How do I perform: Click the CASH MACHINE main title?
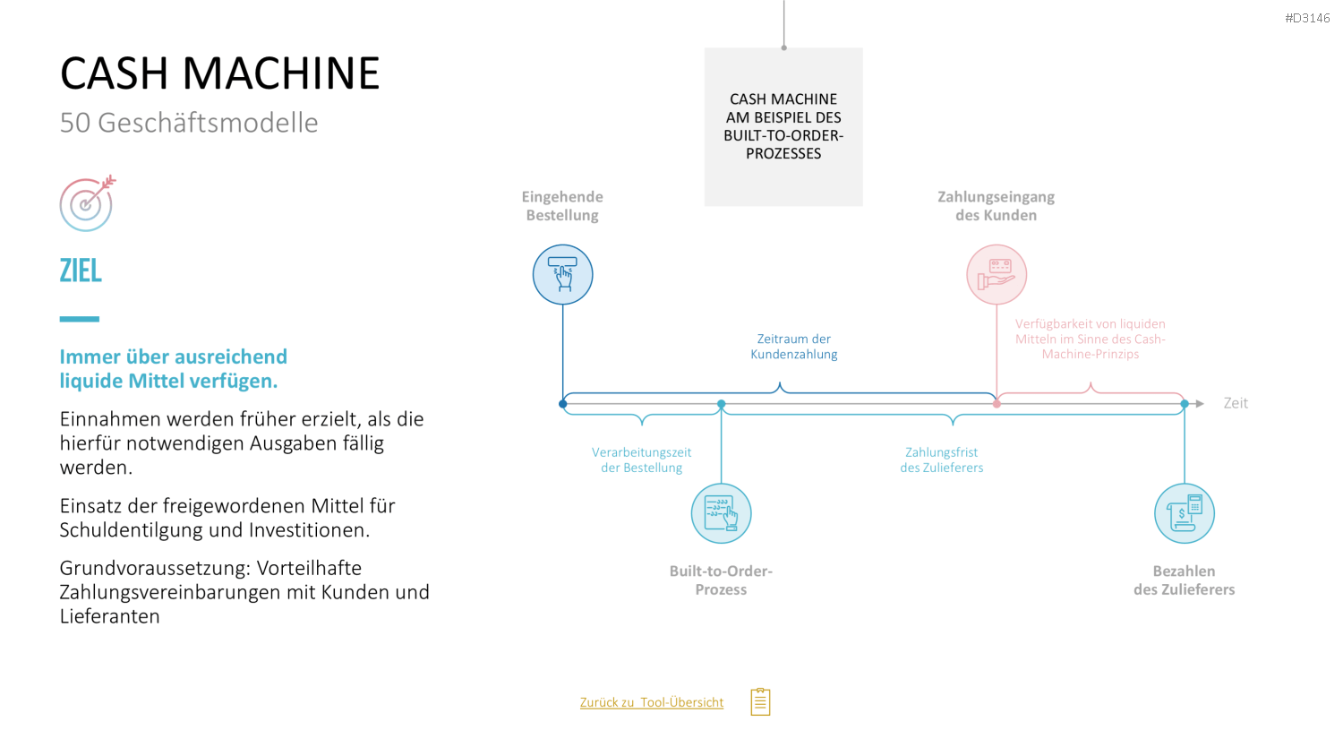[x=219, y=73]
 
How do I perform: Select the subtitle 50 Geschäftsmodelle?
[x=189, y=123]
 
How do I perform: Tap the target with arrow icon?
[x=87, y=203]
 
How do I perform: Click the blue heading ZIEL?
[x=81, y=270]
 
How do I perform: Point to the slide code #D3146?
[x=1307, y=19]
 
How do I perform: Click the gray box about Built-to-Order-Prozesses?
[x=783, y=126]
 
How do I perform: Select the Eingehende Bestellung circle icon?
[x=562, y=275]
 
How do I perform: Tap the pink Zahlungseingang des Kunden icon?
[x=997, y=275]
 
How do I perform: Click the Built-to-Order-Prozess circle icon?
[x=721, y=513]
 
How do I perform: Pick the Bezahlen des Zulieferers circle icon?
[x=1185, y=513]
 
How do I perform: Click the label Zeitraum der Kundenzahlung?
[x=794, y=347]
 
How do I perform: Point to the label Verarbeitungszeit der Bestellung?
[x=642, y=460]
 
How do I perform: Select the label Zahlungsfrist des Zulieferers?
[x=941, y=460]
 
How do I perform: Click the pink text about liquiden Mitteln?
[x=1090, y=339]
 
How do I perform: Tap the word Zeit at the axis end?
[x=1236, y=403]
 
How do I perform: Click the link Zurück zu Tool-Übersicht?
[x=652, y=702]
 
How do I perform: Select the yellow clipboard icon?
[x=760, y=701]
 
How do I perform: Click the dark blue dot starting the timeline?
[x=562, y=404]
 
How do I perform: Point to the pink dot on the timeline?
[x=997, y=404]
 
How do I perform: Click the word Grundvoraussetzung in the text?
[x=155, y=568]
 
